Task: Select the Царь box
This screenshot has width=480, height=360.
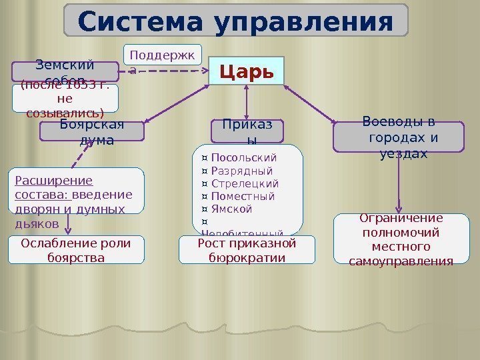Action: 247,71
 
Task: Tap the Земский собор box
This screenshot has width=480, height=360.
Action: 65,71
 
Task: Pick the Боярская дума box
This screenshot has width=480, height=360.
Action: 92,131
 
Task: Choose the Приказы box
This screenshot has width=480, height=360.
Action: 247,131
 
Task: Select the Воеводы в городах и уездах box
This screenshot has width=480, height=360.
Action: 399,137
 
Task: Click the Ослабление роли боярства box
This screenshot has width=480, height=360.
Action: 76,249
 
